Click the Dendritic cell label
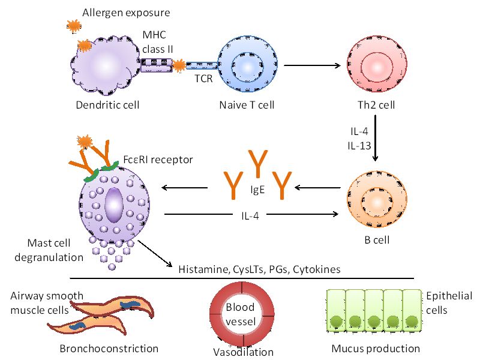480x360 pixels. coord(107,106)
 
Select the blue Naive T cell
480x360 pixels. coord(247,64)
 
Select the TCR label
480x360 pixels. coord(204,78)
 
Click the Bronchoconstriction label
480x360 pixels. coord(109,349)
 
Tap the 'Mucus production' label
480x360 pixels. coord(376,349)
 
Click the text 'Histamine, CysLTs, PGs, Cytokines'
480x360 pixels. coord(259,269)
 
